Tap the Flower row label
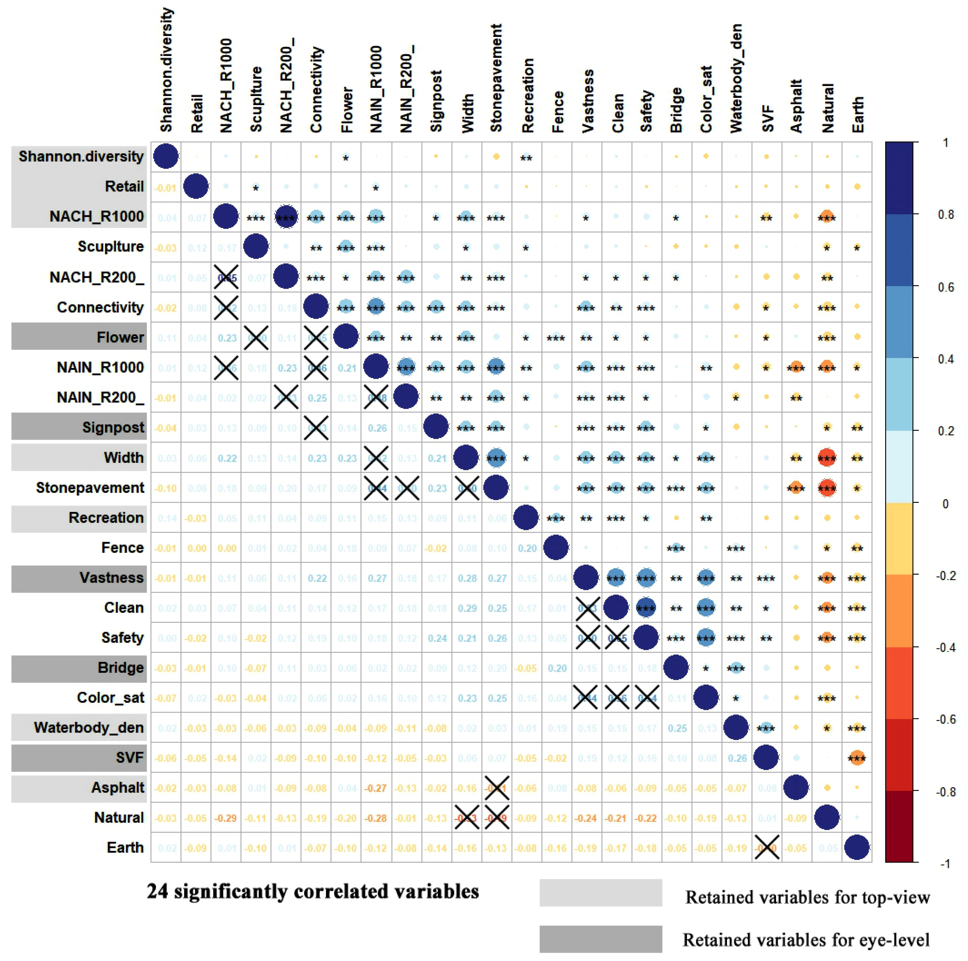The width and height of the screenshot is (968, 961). click(120, 337)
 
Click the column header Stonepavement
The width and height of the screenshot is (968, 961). click(496, 78)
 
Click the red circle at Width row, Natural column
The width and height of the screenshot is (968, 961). click(827, 457)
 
